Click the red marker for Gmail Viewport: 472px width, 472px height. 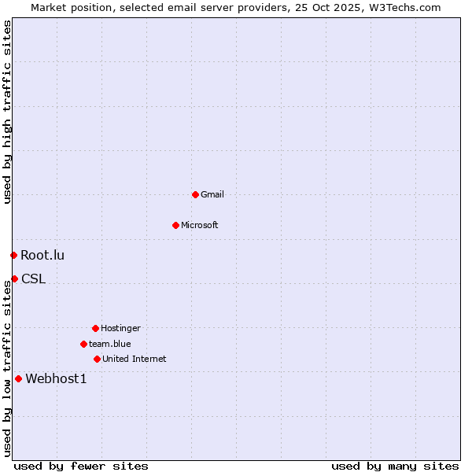(195, 194)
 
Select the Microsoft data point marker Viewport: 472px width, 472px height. (175, 225)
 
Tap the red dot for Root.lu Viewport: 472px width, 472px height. (13, 255)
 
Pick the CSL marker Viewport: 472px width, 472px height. (14, 278)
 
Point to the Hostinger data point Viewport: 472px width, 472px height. (95, 328)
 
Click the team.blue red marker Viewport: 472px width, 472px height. (83, 344)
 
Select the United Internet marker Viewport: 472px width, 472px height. (97, 359)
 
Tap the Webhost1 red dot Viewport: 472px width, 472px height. (18, 378)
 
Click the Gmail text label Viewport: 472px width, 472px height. (212, 194)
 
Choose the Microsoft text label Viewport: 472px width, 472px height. (200, 225)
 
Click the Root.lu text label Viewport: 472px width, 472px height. (42, 255)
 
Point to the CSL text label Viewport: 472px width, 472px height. (33, 278)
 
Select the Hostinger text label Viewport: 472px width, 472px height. (120, 328)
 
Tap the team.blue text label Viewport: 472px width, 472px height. (110, 344)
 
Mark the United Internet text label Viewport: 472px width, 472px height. (135, 359)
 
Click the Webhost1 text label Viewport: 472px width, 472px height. (56, 378)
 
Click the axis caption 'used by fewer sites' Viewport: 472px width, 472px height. (81, 466)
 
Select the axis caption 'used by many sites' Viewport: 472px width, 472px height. (395, 466)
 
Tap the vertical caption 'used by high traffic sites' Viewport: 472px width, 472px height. (7, 112)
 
